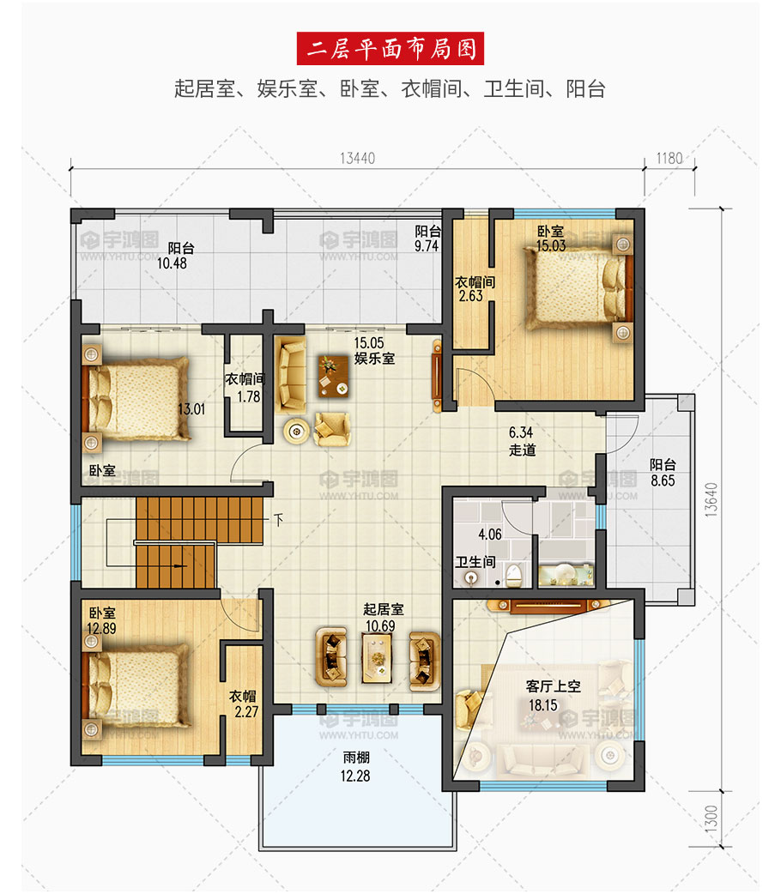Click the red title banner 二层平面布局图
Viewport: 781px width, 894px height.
pyautogui.click(x=390, y=48)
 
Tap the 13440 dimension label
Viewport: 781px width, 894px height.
pyautogui.click(x=358, y=159)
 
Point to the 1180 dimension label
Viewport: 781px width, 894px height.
pyautogui.click(x=669, y=158)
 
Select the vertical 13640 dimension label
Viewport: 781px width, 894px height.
pyautogui.click(x=711, y=500)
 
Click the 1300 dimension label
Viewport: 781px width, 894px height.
pyautogui.click(x=711, y=818)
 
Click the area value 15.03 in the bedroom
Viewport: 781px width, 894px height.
pyautogui.click(x=550, y=245)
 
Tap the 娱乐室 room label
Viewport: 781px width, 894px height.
pyautogui.click(x=374, y=359)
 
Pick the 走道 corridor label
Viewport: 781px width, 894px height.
pyautogui.click(x=523, y=450)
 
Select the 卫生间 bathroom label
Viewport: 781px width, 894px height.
pyautogui.click(x=475, y=562)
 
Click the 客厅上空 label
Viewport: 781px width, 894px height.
pyautogui.click(x=553, y=686)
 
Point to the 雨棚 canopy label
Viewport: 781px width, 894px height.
pyautogui.click(x=356, y=758)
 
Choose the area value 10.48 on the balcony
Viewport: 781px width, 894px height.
pyautogui.click(x=172, y=263)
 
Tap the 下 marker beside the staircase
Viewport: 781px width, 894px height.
pyautogui.click(x=278, y=520)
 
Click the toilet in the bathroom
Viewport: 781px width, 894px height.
pyautogui.click(x=514, y=575)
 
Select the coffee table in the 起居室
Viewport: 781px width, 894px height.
pyautogui.click(x=377, y=658)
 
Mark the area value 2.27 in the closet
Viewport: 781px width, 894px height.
pyautogui.click(x=246, y=711)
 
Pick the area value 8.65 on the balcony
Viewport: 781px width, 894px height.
pyautogui.click(x=663, y=480)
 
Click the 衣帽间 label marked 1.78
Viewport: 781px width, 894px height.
pyautogui.click(x=245, y=379)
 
